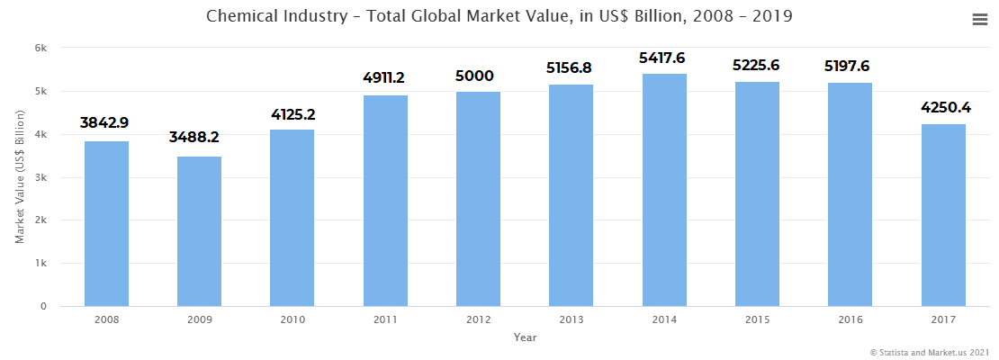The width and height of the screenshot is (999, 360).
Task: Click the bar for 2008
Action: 106,224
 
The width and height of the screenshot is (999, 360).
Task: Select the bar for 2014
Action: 664,190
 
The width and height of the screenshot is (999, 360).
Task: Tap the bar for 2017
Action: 943,260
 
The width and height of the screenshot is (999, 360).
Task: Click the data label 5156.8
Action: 571,67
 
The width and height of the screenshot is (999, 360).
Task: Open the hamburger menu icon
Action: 980,20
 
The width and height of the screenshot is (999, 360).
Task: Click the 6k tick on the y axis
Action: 41,48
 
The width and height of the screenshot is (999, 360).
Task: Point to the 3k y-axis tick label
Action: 41,177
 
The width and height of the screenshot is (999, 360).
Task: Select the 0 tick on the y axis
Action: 43,307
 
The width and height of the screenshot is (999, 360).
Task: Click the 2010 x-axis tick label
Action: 292,319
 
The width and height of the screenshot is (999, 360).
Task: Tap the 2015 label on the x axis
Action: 757,319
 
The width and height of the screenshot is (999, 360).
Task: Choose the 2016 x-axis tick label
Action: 850,319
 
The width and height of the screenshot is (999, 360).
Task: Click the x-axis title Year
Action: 525,337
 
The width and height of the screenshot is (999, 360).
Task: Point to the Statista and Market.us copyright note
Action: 930,352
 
